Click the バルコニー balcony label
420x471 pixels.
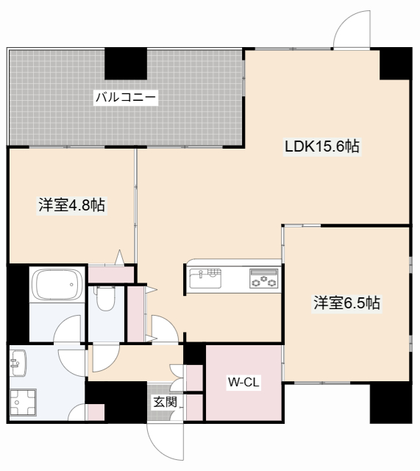click(x=127, y=96)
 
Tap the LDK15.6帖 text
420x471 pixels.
click(x=322, y=146)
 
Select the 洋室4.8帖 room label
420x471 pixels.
click(x=71, y=206)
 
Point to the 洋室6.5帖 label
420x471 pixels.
click(x=347, y=302)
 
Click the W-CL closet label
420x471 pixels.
click(x=243, y=382)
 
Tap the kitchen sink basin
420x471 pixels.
click(x=204, y=278)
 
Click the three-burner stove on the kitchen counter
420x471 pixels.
click(x=263, y=279)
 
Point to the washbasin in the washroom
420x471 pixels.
click(x=18, y=361)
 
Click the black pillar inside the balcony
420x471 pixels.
click(x=125, y=63)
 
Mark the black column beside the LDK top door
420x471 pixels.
click(x=395, y=64)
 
